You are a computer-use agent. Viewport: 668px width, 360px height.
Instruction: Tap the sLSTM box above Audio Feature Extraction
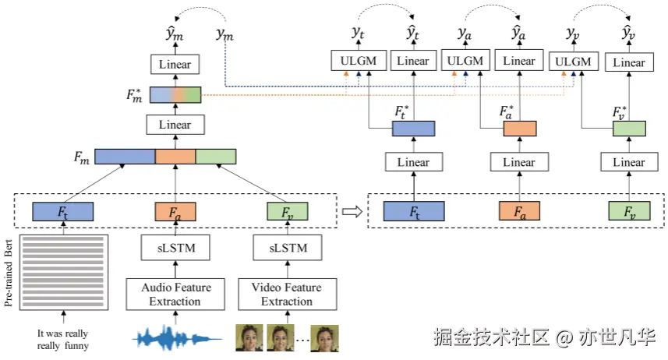coord(175,249)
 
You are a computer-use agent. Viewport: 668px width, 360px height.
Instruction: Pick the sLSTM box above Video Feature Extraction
coord(286,249)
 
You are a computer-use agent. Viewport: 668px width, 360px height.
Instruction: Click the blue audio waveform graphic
coord(175,337)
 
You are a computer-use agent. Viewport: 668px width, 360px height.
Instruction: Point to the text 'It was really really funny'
coord(63,339)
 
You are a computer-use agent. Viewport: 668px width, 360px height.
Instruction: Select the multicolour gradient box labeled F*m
coord(175,94)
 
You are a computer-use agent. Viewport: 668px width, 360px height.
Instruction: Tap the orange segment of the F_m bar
coord(175,156)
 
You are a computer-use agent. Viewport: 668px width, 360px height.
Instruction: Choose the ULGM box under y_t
coord(357,61)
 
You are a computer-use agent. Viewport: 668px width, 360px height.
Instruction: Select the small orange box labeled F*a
coord(520,129)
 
